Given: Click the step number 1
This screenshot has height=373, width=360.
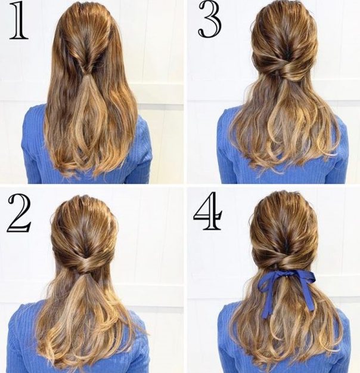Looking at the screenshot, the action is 18,21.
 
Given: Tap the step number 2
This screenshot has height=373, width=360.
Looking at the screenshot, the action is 19,213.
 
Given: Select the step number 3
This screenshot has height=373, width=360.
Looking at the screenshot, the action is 210,20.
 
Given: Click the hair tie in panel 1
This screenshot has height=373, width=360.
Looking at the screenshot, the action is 83,72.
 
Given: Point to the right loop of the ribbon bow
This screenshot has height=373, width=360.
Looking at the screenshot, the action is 303,276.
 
